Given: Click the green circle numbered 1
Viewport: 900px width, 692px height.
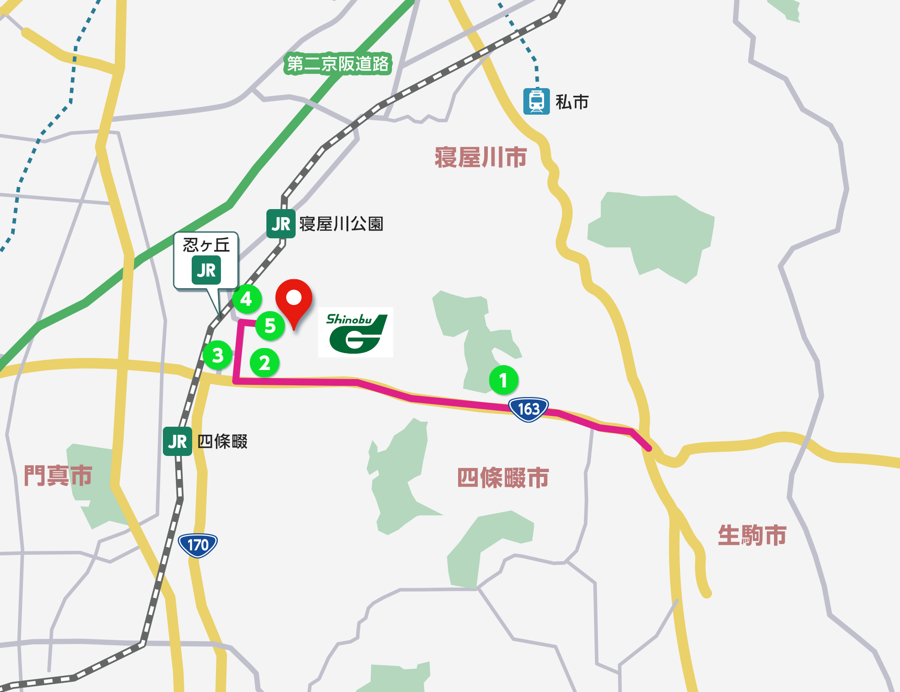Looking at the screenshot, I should tap(504, 380).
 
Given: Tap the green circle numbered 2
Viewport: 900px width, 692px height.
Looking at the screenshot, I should tap(265, 363).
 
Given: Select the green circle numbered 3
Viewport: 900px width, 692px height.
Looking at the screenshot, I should tap(217, 355).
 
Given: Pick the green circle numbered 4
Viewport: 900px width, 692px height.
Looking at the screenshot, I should tap(247, 299).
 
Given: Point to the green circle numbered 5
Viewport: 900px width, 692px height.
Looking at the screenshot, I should tap(270, 326).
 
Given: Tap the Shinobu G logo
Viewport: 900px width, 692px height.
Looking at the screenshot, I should tap(355, 332).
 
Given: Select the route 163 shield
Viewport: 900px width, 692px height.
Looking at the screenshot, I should tap(528, 409).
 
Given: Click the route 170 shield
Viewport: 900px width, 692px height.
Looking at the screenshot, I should tap(198, 545).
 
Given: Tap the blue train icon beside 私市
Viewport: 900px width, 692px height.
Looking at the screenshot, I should tap(536, 102).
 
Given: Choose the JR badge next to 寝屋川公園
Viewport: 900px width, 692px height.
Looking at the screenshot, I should tap(281, 223).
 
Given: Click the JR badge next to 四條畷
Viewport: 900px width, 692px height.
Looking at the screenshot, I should tap(177, 442).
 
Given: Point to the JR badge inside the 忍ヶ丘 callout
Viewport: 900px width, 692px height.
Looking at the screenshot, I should tap(206, 270).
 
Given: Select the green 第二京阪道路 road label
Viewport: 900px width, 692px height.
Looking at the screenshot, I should tap(337, 64).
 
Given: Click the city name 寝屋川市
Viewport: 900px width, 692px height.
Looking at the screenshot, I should tap(481, 157).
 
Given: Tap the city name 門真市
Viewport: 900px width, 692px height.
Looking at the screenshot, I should tap(58, 475).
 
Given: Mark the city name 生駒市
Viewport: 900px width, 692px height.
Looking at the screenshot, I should tap(752, 535).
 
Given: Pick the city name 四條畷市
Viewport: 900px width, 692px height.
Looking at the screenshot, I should tap(503, 478).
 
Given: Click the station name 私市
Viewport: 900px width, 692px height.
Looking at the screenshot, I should tap(572, 102).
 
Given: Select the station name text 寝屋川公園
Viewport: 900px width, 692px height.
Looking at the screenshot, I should tap(341, 224).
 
